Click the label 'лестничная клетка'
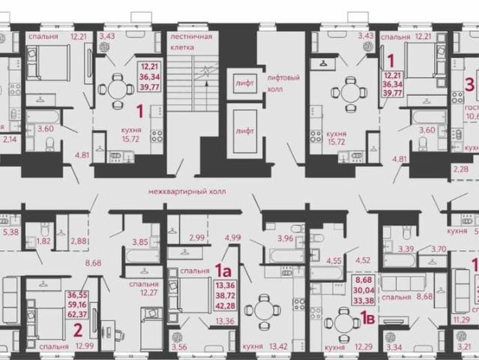[x=191, y=41]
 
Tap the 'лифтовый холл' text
[x=285, y=82]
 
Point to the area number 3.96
[x=285, y=239]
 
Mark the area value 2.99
[x=197, y=238]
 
